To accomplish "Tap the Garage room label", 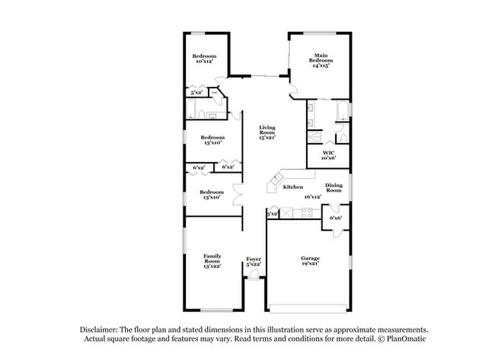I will [309, 259].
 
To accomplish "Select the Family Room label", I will [212, 259].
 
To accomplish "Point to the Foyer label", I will [254, 259].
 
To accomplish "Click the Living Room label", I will [267, 129].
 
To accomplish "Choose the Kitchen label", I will [293, 187].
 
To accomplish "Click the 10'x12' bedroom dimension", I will [203, 62].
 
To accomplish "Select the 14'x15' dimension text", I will [320, 66].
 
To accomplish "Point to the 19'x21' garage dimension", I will [309, 264].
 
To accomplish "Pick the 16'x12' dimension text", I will [311, 196].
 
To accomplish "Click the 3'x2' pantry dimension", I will [272, 214].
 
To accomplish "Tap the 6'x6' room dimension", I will [336, 218].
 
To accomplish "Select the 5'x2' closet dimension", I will [196, 93].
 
